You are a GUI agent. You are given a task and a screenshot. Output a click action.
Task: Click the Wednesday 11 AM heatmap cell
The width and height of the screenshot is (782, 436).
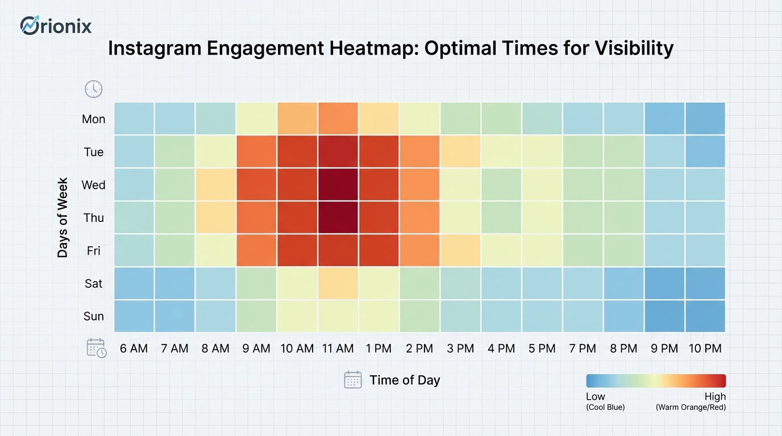point(338,185)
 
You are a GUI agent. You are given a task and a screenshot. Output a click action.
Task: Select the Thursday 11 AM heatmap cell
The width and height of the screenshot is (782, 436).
point(338,217)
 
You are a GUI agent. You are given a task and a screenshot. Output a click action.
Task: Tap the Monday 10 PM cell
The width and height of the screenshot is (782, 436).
point(705,119)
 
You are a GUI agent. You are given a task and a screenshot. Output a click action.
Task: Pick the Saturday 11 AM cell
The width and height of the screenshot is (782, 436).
point(338,283)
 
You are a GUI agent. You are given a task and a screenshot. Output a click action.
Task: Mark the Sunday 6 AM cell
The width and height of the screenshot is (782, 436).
point(134,316)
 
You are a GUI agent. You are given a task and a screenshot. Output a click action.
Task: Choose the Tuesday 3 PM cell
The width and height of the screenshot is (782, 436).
point(460,152)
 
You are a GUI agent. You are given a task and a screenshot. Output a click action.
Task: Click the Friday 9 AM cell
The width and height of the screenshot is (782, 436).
point(256,250)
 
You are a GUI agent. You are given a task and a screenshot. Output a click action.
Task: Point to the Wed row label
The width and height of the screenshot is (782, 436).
point(93,185)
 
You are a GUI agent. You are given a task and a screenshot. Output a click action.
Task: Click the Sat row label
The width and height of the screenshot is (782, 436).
point(93,283)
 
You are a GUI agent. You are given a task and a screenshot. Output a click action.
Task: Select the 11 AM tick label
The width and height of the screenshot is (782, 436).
point(338,349)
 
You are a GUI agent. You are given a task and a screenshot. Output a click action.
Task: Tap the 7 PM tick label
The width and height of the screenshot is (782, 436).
point(583,349)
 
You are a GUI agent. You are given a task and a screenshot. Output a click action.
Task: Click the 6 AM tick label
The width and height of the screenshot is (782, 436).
point(134,349)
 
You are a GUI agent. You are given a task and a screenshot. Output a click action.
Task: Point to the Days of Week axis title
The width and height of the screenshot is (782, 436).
point(63,217)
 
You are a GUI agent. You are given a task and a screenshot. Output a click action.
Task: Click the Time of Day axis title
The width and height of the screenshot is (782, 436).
point(405,380)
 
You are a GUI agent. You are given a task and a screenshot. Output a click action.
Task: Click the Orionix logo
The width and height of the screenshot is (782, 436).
point(56,26)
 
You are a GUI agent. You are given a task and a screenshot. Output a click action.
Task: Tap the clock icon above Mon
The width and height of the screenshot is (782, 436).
point(94,89)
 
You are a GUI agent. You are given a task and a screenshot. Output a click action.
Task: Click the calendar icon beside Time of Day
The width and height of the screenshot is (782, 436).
point(353,380)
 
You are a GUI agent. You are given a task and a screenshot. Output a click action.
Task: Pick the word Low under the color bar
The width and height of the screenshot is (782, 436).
point(596,396)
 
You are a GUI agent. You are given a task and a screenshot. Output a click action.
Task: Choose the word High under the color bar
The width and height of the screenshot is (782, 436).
point(715,396)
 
